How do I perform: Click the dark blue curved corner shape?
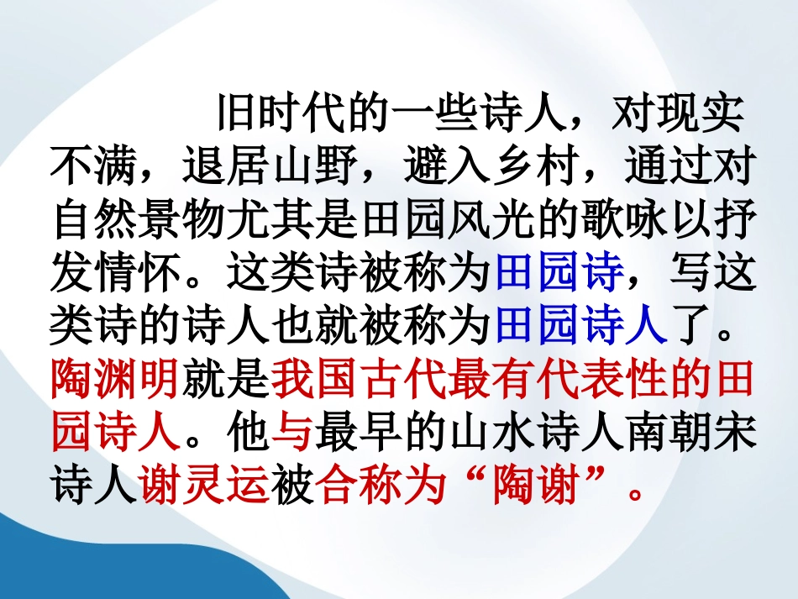coord(67,554)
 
